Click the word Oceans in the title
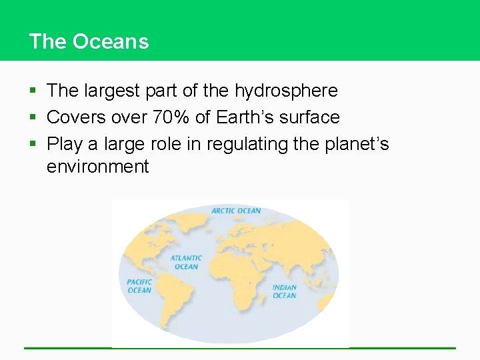(x=111, y=41)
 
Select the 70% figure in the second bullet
(x=171, y=117)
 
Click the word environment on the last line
(x=98, y=167)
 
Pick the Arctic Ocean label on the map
(x=236, y=211)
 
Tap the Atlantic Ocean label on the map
(x=186, y=262)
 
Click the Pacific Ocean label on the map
(x=139, y=286)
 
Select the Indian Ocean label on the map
(x=284, y=291)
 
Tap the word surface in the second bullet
(x=309, y=117)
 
